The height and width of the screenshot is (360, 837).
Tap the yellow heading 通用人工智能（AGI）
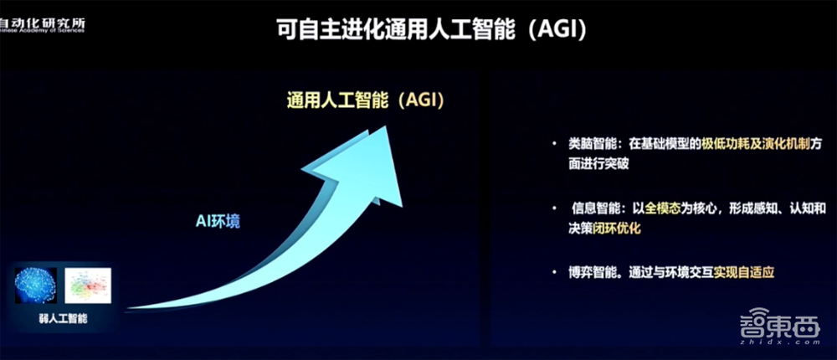coord(364,100)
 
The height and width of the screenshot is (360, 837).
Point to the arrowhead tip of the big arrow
coord(387,129)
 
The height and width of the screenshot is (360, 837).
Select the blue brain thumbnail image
coord(36,285)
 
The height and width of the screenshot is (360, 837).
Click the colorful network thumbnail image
coord(88,285)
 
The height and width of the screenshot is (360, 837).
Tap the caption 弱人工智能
coord(63,318)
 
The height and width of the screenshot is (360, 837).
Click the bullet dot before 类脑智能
coord(553,145)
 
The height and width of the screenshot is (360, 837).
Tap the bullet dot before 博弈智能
coord(553,272)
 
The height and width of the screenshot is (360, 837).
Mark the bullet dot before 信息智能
coord(553,207)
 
